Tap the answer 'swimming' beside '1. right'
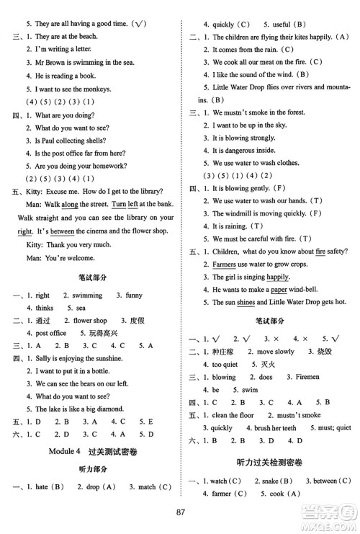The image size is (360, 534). click(x=86, y=295)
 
